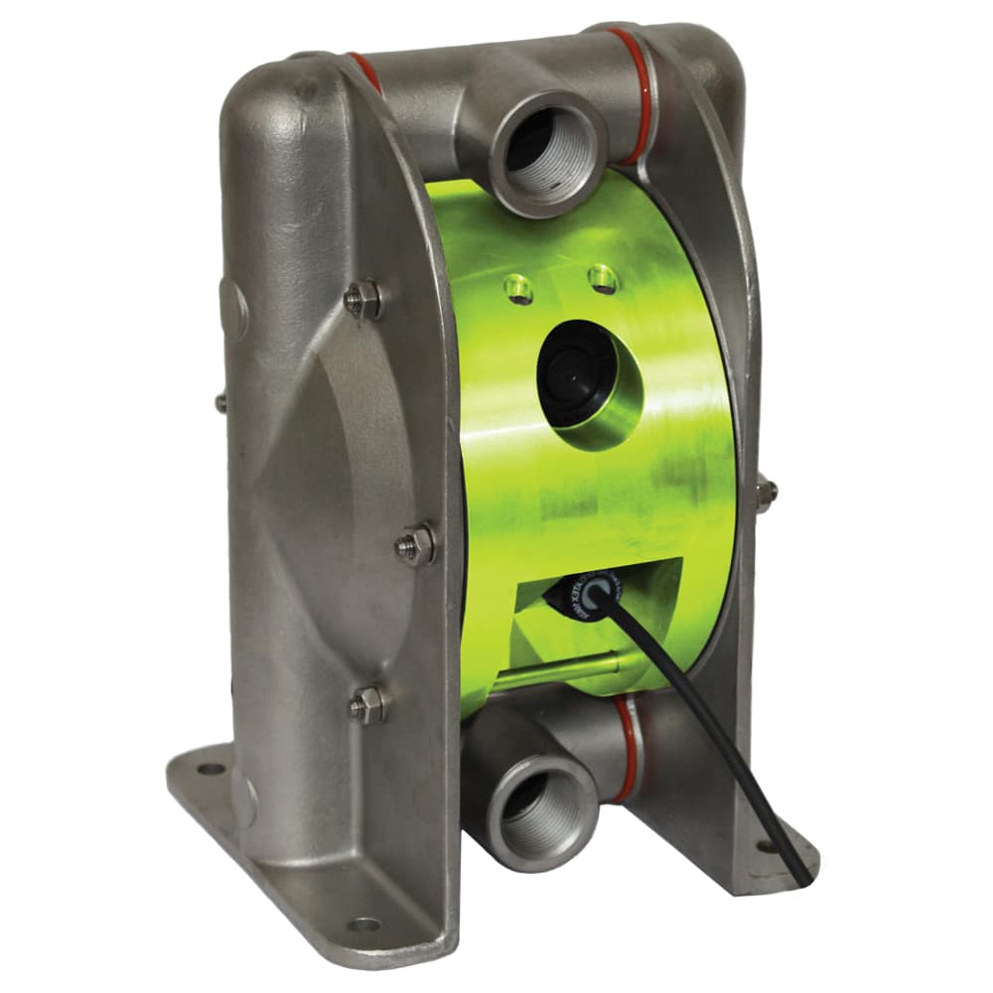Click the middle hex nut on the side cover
tap(415, 545)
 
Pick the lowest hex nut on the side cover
tap(368, 704)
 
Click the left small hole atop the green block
tap(514, 288)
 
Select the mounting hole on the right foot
tap(766, 847)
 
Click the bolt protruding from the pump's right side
tap(765, 493)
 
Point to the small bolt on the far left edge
tap(220, 402)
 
